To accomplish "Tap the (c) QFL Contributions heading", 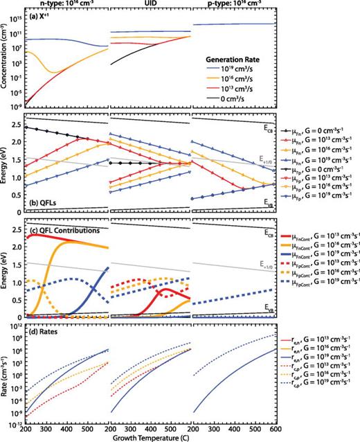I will [63, 229].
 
